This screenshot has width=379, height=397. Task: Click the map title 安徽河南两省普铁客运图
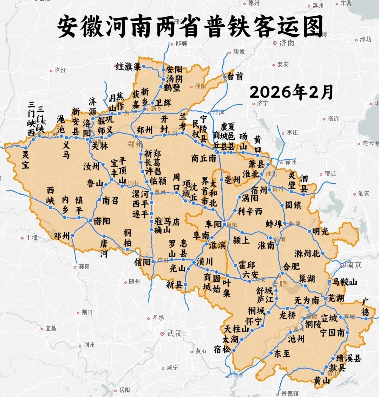tap(190, 27)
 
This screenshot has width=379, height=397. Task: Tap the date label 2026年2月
tap(291, 92)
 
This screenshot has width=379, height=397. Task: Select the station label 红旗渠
tap(128, 66)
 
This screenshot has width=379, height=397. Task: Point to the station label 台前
tap(235, 76)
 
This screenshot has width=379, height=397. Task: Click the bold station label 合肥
tap(291, 265)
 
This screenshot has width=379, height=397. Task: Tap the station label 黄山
tap(322, 381)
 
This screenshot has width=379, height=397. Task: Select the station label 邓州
tap(62, 236)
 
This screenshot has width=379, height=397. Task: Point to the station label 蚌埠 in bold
tap(274, 224)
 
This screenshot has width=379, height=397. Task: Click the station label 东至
tap(282, 353)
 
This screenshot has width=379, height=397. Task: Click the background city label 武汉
tap(174, 333)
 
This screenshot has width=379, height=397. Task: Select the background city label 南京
tap(354, 265)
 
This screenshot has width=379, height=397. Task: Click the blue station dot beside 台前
tap(224, 76)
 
